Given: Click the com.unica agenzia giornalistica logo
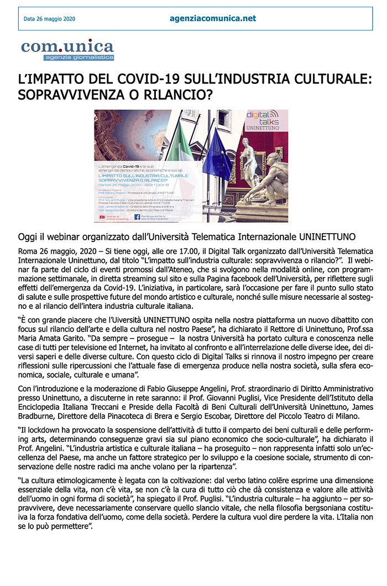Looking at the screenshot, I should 67,49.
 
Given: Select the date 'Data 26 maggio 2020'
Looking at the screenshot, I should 49,19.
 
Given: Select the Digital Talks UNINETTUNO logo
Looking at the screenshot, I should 262,121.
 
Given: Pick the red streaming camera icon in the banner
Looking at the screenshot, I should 102,217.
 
